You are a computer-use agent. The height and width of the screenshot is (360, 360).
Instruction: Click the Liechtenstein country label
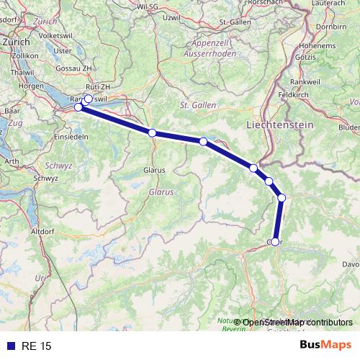click(x=289, y=125)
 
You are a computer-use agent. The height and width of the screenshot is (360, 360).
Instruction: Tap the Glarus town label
click(x=154, y=170)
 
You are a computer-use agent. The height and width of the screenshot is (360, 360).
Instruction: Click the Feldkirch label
click(x=294, y=94)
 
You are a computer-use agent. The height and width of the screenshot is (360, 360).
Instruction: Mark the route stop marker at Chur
click(x=275, y=242)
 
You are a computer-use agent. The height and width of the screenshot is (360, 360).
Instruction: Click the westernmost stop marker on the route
click(x=78, y=107)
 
